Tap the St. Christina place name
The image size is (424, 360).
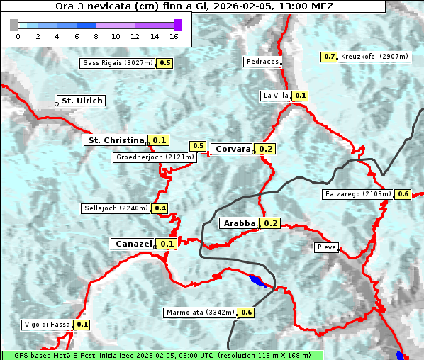(115, 140)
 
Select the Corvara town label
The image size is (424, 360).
(233, 149)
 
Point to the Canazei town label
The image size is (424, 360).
(133, 243)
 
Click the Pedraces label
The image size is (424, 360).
(262, 62)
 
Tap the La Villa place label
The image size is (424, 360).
(275, 95)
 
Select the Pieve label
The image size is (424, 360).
(326, 247)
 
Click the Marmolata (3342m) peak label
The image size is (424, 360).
(199, 313)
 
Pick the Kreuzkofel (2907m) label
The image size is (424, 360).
(373, 57)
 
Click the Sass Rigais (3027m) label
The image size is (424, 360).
(118, 63)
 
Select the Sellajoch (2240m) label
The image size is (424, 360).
(116, 208)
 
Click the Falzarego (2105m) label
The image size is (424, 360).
(357, 193)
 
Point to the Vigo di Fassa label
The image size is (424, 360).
(47, 325)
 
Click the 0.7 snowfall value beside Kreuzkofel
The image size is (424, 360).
(329, 57)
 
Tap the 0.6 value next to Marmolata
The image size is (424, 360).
(247, 313)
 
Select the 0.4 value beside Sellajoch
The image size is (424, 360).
(160, 208)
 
